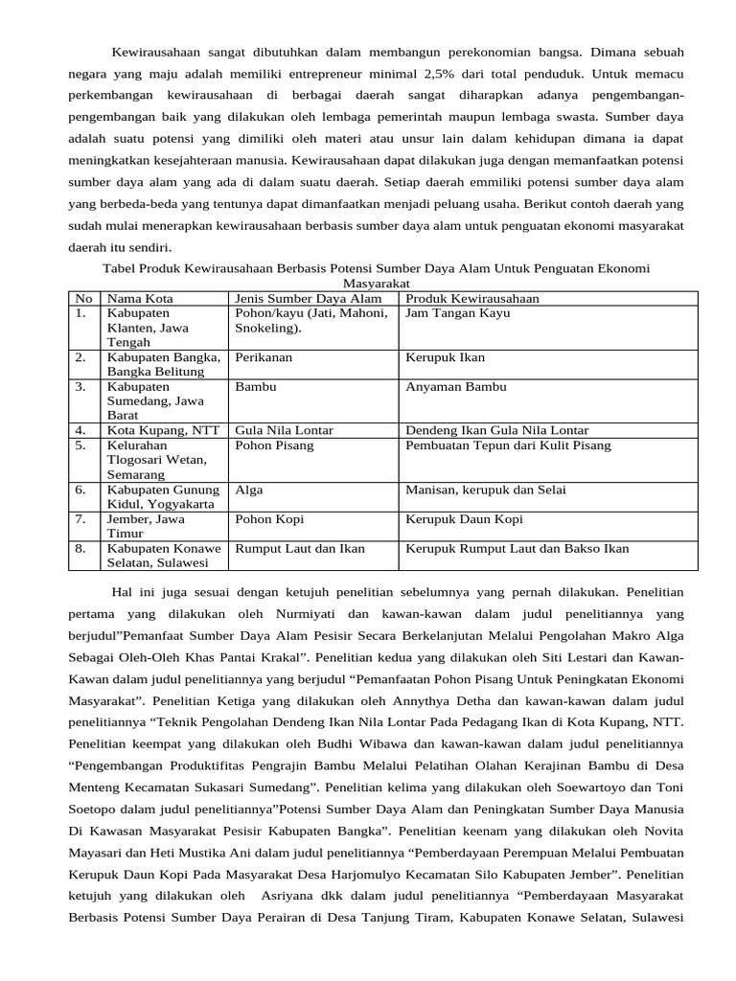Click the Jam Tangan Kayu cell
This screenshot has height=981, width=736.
(x=458, y=313)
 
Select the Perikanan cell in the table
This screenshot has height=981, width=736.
(x=264, y=357)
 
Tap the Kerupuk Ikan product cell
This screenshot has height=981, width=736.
(x=446, y=357)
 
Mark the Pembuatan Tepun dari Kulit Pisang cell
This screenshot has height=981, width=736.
(x=508, y=445)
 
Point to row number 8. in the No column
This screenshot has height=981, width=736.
(x=81, y=549)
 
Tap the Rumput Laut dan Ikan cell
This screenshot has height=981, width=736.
(x=300, y=549)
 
